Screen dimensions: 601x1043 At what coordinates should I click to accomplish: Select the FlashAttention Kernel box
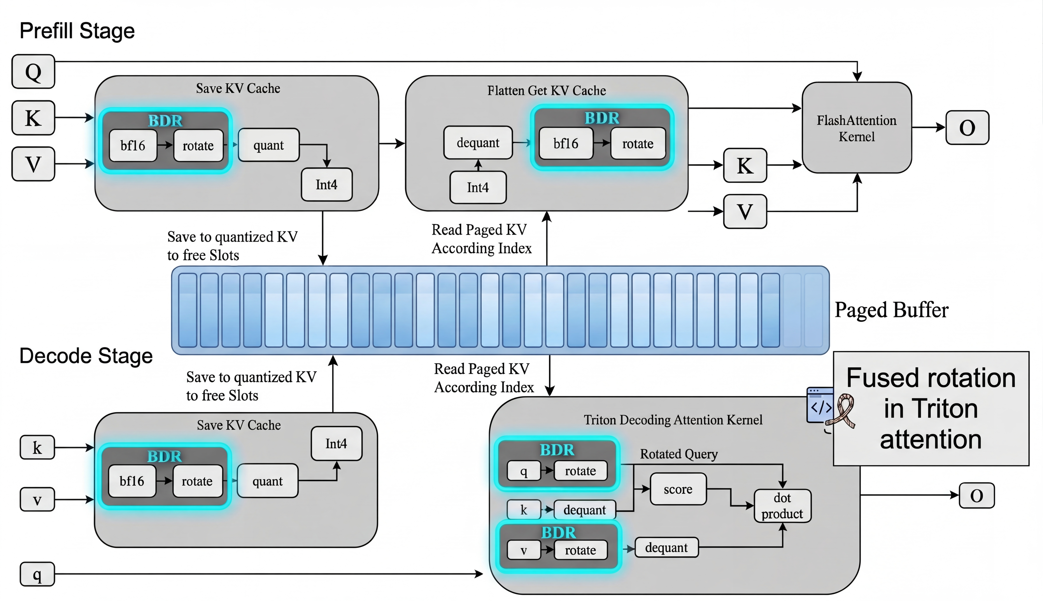pyautogui.click(x=857, y=128)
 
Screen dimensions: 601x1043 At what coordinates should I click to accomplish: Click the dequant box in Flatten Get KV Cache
pyautogui.click(x=478, y=143)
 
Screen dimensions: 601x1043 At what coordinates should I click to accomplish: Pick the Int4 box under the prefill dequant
pyautogui.click(x=478, y=187)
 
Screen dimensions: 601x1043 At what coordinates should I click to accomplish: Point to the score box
pyautogui.click(x=678, y=489)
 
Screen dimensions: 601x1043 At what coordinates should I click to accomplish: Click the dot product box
pyautogui.click(x=782, y=506)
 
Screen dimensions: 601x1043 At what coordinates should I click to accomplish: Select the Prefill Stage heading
pyautogui.click(x=77, y=31)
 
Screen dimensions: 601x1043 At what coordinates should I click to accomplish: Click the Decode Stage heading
pyautogui.click(x=86, y=356)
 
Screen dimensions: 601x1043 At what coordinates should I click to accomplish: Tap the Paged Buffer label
pyautogui.click(x=891, y=310)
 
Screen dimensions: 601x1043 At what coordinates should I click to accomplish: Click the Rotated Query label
pyautogui.click(x=679, y=454)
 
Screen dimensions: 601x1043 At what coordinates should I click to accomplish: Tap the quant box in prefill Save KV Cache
pyautogui.click(x=269, y=145)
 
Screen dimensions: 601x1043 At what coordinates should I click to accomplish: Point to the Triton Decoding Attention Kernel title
pyautogui.click(x=673, y=420)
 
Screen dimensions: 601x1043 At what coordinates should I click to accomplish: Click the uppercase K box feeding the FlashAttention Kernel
pyautogui.click(x=745, y=166)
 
